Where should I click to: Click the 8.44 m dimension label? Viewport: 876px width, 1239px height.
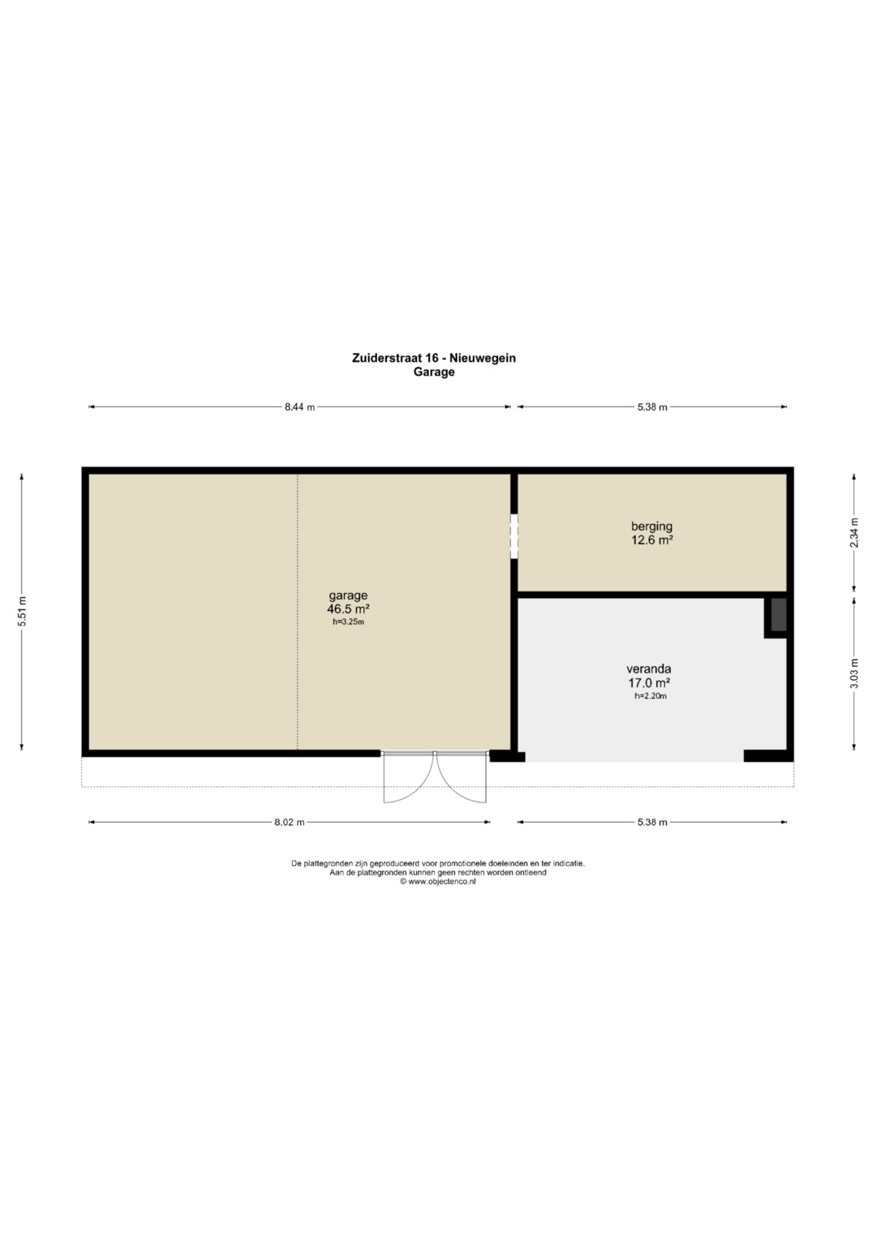tap(300, 407)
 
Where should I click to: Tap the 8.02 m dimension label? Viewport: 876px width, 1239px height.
tap(290, 822)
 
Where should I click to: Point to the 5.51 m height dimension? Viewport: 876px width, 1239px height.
tap(22, 611)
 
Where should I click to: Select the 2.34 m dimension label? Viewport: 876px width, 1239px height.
tap(854, 532)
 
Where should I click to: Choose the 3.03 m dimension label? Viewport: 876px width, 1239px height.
tap(854, 673)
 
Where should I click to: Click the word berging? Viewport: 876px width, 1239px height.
tap(652, 527)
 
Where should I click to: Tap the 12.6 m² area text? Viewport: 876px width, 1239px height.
tap(652, 540)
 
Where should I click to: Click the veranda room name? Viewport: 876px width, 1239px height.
tap(649, 669)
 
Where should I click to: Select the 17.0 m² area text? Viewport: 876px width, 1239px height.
tap(649, 683)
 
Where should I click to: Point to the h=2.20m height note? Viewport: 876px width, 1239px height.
tap(651, 696)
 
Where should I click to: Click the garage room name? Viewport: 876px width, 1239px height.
tap(349, 596)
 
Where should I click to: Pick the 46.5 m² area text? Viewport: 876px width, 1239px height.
tap(349, 609)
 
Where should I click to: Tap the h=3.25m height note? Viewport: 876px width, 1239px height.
tap(349, 622)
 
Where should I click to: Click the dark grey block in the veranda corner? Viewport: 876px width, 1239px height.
tap(779, 614)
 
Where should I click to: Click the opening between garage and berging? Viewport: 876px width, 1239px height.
tap(513, 536)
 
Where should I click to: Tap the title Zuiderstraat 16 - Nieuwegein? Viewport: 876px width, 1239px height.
tap(434, 358)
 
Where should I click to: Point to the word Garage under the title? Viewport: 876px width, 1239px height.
tap(434, 372)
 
